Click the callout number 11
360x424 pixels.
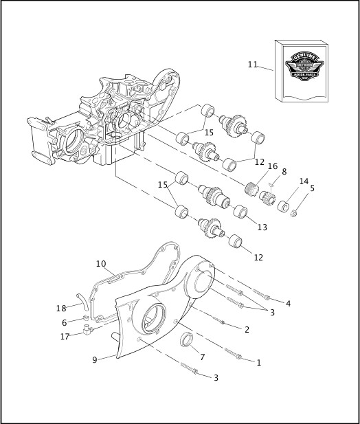click(x=253, y=65)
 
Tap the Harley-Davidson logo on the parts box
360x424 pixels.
click(x=303, y=67)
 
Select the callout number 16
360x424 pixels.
click(x=273, y=166)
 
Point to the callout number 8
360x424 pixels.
click(x=284, y=172)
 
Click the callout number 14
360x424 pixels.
click(x=304, y=181)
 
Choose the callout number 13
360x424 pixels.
click(x=262, y=227)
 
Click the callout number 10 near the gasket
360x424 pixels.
click(x=101, y=264)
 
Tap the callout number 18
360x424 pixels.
click(x=61, y=307)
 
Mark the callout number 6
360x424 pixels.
click(x=65, y=322)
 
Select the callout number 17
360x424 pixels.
click(x=65, y=337)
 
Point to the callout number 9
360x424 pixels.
click(x=95, y=358)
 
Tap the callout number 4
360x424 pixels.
click(x=288, y=303)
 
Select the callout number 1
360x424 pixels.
click(x=258, y=362)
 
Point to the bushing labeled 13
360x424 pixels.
click(x=240, y=210)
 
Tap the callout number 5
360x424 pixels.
click(x=312, y=188)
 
